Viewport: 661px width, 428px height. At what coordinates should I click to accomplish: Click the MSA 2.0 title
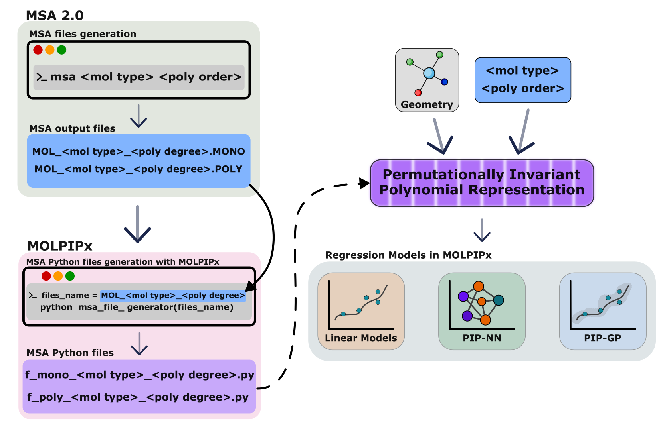(55, 16)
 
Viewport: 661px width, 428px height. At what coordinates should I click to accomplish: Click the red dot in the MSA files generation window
(38, 50)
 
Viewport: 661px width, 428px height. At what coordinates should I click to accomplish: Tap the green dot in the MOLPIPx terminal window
(70, 276)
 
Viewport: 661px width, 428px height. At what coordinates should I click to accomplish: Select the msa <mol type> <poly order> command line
(139, 77)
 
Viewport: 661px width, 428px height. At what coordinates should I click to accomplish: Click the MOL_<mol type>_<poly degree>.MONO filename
(139, 151)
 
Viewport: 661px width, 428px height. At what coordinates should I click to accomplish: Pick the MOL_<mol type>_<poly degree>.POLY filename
(139, 169)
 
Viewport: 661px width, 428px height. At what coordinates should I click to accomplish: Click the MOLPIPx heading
(60, 246)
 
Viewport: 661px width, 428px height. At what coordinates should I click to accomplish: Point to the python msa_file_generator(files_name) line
(137, 307)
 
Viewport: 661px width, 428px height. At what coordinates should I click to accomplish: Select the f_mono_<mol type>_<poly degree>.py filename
(139, 375)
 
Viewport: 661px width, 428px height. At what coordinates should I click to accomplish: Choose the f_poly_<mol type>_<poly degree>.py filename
(138, 397)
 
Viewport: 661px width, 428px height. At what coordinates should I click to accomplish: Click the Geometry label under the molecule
(427, 104)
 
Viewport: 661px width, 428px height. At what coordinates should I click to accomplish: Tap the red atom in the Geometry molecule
(418, 93)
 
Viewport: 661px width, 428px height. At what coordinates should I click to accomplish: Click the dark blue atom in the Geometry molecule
(444, 82)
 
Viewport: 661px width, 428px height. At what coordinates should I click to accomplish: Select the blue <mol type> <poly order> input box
(522, 80)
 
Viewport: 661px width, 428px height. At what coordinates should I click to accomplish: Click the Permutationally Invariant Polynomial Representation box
(482, 183)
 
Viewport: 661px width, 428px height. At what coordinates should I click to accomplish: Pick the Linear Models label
(361, 338)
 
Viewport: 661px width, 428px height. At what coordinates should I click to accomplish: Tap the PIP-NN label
(482, 338)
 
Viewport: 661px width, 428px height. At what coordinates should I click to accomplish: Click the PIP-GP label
(602, 338)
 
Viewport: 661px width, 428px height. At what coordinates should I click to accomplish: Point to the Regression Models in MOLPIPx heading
(408, 255)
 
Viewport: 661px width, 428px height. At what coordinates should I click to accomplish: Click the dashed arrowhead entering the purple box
(364, 183)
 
